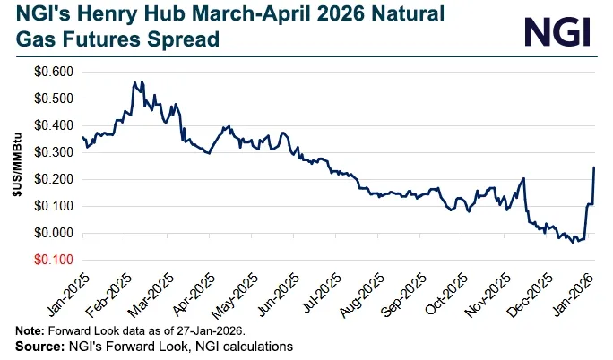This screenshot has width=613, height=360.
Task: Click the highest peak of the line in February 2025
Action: (134, 82)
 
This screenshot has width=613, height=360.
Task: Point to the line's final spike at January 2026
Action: (594, 167)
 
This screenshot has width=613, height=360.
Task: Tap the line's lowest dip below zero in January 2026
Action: (575, 242)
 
